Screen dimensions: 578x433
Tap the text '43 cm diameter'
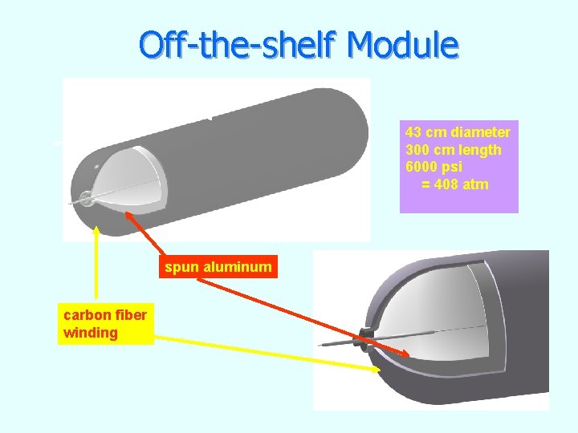(x=458, y=132)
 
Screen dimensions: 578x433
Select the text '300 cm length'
(x=454, y=150)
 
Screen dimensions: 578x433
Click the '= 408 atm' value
(x=455, y=185)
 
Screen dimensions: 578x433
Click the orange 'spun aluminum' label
(x=218, y=267)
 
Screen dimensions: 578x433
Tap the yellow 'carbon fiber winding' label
(x=105, y=323)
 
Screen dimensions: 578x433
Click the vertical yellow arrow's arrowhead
(x=97, y=230)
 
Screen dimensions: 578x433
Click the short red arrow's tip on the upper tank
(x=126, y=212)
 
